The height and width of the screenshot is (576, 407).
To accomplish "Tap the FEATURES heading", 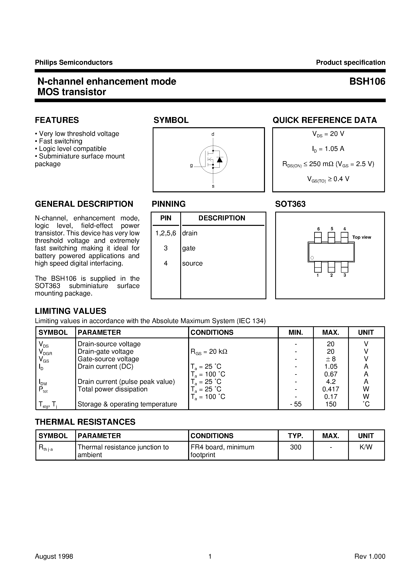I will click(x=57, y=120).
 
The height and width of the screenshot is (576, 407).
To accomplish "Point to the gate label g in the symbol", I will click(x=191, y=166).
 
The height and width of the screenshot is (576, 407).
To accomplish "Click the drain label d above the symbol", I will click(x=213, y=134).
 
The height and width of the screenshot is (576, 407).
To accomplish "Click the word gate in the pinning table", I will click(x=189, y=248).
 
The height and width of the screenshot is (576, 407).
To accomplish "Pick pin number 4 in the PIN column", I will click(x=166, y=263).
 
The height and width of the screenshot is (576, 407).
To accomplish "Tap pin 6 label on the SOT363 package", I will click(x=318, y=229).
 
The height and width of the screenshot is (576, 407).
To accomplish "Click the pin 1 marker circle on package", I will click(x=312, y=258).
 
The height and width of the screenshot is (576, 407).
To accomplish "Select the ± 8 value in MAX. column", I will click(x=331, y=359).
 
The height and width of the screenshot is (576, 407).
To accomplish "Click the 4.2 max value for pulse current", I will click(x=331, y=382).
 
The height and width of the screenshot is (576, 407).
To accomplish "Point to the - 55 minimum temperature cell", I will click(x=296, y=404).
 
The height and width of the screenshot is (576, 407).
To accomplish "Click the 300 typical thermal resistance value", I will click(x=296, y=447).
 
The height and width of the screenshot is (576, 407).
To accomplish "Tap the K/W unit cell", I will click(x=366, y=447).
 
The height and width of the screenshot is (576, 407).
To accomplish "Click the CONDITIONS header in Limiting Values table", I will click(x=212, y=332).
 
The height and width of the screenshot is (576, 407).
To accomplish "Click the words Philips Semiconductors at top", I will click(x=74, y=63).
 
